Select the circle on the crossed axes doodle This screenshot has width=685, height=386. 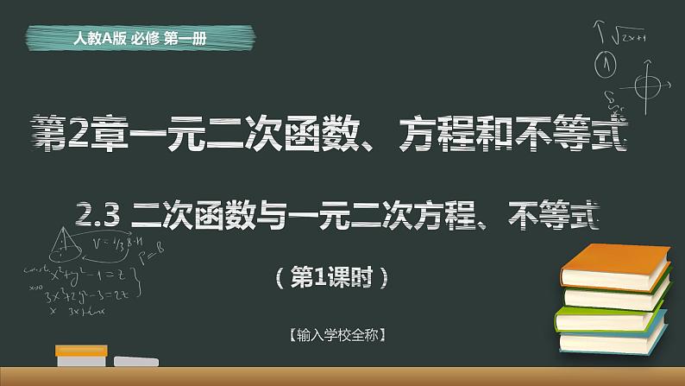[640, 85]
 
